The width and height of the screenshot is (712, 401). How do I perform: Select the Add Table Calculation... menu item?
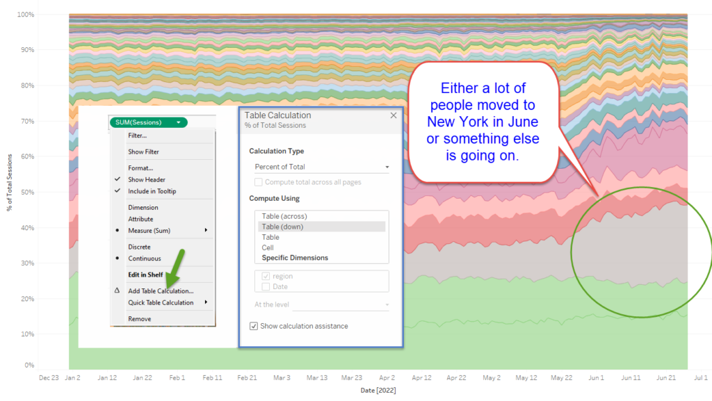(x=161, y=291)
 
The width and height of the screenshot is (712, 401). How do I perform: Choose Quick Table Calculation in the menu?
(x=161, y=302)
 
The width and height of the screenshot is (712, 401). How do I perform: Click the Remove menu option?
(x=139, y=319)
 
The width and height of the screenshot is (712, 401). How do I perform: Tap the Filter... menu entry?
(x=137, y=136)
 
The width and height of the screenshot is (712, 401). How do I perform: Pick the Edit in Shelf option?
(x=145, y=275)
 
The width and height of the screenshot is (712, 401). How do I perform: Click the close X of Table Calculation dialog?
(x=394, y=116)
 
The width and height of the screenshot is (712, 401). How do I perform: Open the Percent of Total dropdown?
(x=322, y=167)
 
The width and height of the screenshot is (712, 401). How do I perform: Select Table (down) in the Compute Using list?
(x=282, y=227)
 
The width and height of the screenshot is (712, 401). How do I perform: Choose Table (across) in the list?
(x=284, y=216)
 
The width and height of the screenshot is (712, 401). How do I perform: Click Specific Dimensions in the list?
(x=295, y=258)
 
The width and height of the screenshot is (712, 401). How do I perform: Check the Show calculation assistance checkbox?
(x=254, y=326)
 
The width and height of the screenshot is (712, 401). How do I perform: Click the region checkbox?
(x=266, y=277)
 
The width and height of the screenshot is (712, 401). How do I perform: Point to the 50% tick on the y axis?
(x=26, y=191)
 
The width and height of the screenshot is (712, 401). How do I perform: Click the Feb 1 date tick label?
(x=177, y=378)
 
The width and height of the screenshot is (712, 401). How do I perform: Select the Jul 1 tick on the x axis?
(x=701, y=378)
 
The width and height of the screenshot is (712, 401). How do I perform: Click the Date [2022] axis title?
(x=378, y=391)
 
